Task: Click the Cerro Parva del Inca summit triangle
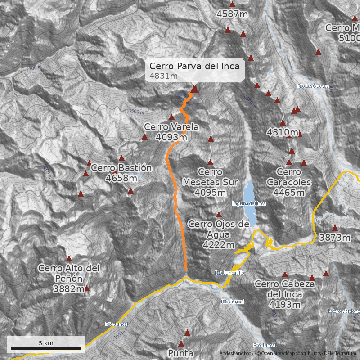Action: click(194, 89)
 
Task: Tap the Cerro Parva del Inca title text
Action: click(194, 66)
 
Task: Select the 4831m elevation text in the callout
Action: click(163, 76)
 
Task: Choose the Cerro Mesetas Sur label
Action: click(210, 182)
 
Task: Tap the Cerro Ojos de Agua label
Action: click(218, 234)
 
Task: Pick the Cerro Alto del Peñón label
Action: click(69, 278)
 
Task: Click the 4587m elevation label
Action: click(232, 14)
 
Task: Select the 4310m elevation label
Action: click(283, 132)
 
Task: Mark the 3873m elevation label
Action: click(334, 237)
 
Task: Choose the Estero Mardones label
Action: click(344, 311)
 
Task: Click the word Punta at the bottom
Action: click(181, 353)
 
